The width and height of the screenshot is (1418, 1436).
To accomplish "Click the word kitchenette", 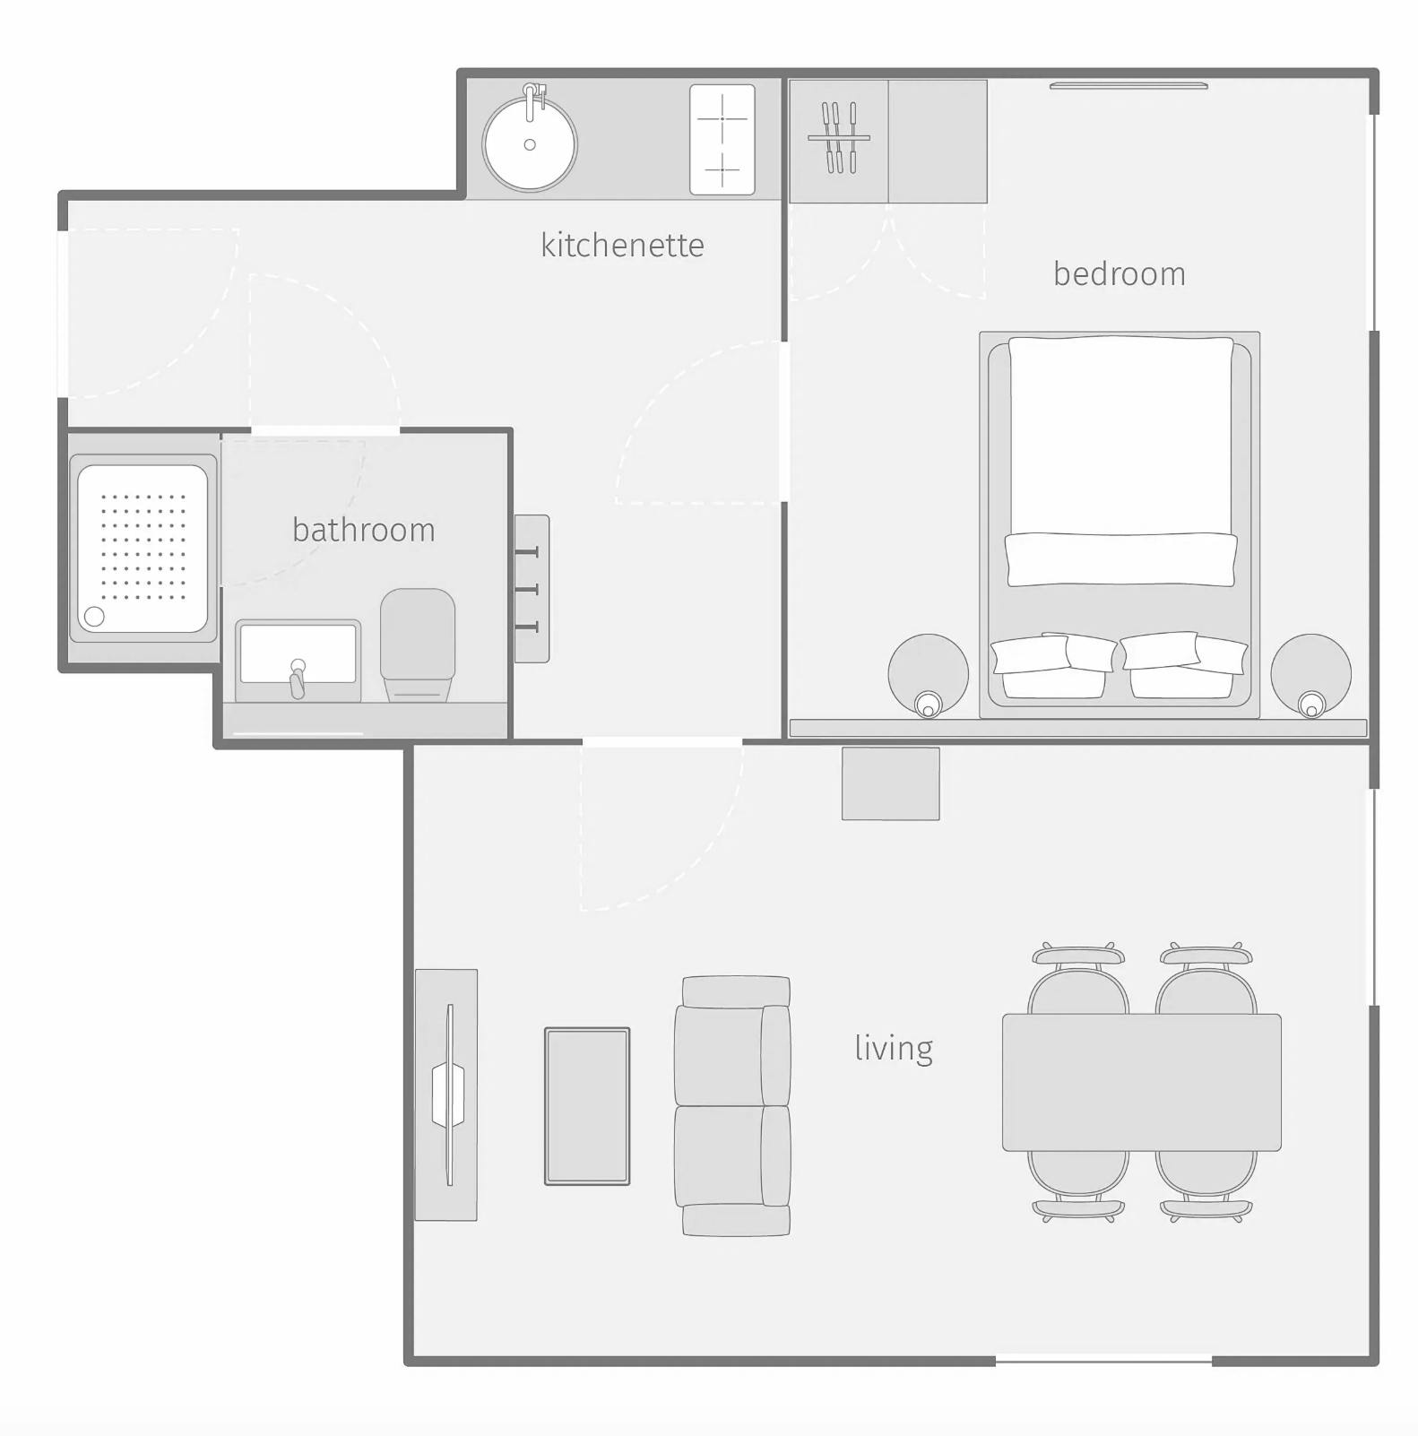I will point(622,245).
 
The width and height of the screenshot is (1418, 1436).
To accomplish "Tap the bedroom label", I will point(1119,273).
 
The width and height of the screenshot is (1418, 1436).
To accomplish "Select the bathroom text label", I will point(363,530).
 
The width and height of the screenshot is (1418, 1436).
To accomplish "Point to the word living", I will point(893,1047).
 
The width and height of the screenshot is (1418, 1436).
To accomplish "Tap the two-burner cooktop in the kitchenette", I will point(722,140).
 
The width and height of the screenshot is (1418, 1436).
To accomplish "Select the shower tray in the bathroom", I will point(143,548).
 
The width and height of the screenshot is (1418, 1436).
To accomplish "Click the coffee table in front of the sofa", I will point(587,1105).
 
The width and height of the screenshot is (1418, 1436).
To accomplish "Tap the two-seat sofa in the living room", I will point(733,1105).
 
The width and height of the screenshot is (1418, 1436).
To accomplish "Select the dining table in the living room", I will point(1141,1082).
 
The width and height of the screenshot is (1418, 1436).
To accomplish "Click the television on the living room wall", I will point(448,1094).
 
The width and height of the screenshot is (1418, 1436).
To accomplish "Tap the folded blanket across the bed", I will point(1121,559).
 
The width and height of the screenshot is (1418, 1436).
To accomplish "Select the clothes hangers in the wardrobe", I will point(838,138).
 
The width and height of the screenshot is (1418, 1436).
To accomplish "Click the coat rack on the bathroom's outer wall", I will point(531,588).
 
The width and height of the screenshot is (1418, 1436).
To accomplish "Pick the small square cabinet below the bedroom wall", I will point(890,783).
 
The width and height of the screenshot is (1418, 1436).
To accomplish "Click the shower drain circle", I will point(94,616).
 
